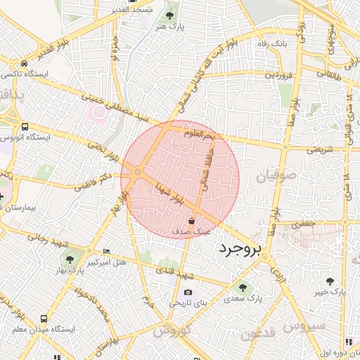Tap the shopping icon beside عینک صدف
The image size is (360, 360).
coord(192,221)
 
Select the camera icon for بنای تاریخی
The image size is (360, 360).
coord(188,292)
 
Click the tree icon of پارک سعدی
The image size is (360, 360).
coord(243,287)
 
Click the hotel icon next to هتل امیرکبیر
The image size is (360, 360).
coord(106,251)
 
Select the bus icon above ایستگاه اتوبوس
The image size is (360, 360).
coord(25,127)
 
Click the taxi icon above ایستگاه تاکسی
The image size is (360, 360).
coord(25,63)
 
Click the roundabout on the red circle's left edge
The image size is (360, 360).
coord(137,172)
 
